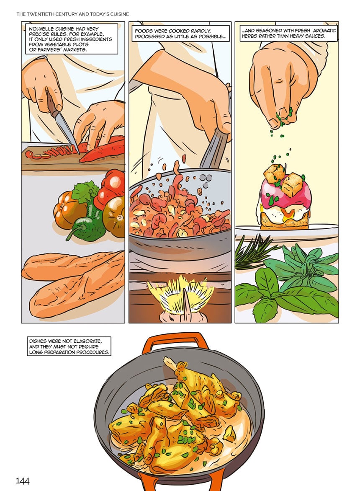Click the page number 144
[23, 481]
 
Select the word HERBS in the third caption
[251, 36]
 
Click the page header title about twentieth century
[72, 14]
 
